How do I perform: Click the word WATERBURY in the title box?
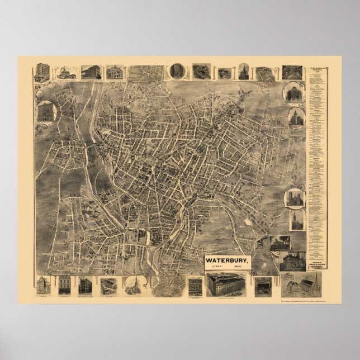pyautogui.click(x=226, y=260)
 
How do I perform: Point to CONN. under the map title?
pyautogui.click(x=215, y=267)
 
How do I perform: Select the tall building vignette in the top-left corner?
pyautogui.click(x=42, y=72)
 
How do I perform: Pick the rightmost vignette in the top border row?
pyautogui.click(x=292, y=72)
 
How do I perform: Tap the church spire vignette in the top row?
pyautogui.click(x=243, y=72)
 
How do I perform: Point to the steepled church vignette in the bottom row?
pyautogui.click(x=133, y=285)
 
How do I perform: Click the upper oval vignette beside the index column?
pyautogui.click(x=293, y=93)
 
